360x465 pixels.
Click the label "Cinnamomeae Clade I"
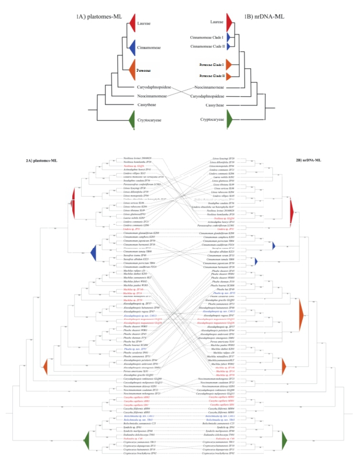pos(208,37)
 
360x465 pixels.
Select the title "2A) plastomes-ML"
pos(41,160)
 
